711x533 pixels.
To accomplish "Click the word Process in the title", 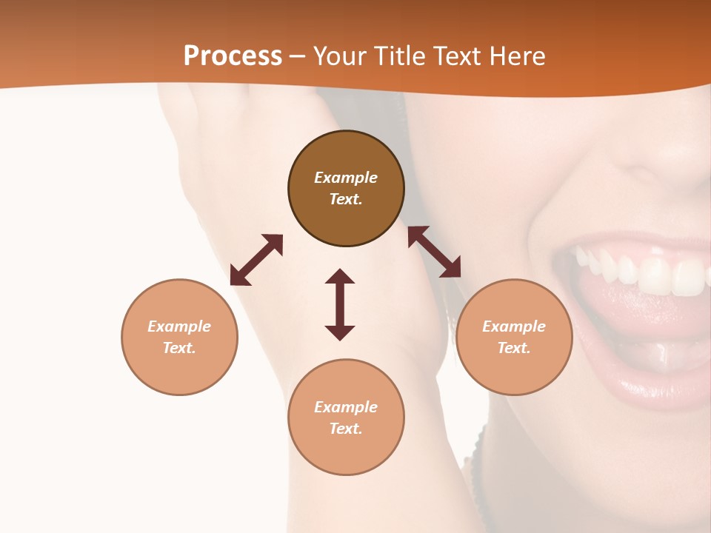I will tap(233, 56).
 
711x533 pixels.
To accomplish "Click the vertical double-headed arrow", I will tap(340, 304).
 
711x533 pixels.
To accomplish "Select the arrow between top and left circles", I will tap(256, 260).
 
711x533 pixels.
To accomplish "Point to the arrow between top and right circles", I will tap(434, 252).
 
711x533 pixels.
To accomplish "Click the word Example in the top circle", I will tap(346, 178).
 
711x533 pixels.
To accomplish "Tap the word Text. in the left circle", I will tap(179, 348).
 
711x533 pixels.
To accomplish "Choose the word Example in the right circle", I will tap(514, 326).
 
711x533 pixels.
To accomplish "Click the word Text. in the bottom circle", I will tap(346, 429).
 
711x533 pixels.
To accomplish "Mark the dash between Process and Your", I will tap(297, 57).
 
